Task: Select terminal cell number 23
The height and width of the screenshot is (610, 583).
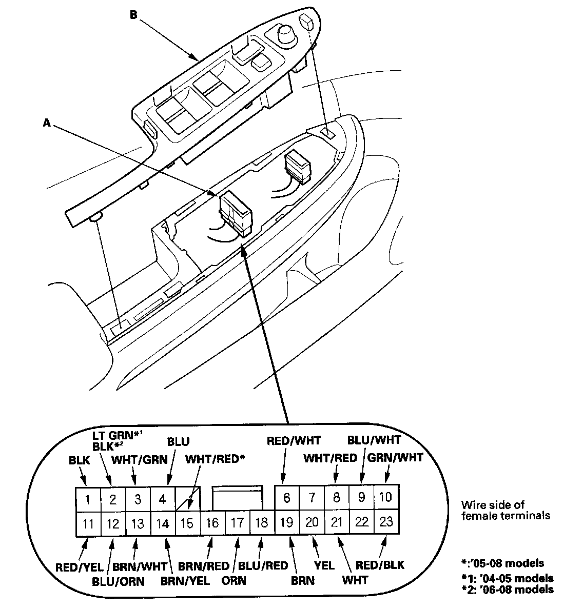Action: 386,522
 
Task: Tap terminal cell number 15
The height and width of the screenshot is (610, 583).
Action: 188,523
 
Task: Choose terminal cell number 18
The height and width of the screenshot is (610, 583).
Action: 262,523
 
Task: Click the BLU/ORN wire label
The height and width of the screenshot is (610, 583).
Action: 119,582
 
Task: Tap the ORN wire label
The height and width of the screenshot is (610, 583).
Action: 235,581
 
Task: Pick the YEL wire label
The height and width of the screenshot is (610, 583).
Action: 324,565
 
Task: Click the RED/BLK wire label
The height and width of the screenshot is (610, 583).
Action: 380,565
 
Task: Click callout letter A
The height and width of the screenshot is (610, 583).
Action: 47,123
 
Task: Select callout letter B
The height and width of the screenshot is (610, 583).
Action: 133,15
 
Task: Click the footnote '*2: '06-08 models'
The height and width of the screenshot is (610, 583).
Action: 507,589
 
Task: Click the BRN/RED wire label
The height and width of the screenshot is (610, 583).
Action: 204,566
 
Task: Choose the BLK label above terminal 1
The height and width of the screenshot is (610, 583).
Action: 80,461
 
